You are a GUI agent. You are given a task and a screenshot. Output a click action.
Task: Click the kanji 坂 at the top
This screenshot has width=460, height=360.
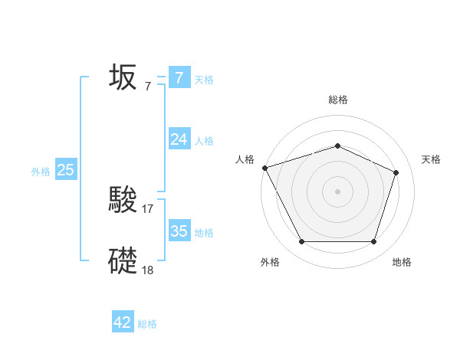tap(123, 77)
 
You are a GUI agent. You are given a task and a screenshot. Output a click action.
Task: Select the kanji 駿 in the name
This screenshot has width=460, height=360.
tap(123, 200)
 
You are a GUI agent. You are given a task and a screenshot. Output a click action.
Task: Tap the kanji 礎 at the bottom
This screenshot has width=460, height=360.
tap(123, 261)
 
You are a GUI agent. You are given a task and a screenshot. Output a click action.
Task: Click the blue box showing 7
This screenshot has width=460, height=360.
tap(179, 77)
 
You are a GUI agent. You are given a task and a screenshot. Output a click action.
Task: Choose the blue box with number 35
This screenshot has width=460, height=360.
tap(179, 231)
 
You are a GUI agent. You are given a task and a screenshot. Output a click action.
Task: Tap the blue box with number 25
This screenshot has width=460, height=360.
tap(65, 170)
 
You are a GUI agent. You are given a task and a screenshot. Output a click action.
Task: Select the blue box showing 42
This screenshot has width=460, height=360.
tap(123, 322)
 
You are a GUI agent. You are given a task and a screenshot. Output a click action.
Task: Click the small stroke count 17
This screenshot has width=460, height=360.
tap(149, 208)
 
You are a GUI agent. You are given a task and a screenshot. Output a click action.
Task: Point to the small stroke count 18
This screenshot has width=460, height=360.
tap(149, 270)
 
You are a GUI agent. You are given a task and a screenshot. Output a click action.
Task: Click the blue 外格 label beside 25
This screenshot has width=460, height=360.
tap(41, 172)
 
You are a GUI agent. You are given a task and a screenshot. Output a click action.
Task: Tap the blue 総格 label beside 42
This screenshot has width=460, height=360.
tap(147, 324)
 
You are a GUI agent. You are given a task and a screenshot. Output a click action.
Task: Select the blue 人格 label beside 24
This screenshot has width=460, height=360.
tap(204, 141)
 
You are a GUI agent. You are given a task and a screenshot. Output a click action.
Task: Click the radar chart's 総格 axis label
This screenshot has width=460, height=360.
tap(337, 100)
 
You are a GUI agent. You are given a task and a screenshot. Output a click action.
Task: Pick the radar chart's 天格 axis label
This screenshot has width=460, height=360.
tap(431, 159)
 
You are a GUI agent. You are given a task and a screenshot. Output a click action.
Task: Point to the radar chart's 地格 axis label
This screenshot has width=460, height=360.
tap(402, 262)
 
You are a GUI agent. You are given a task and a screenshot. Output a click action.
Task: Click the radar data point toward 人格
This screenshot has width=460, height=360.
tap(264, 168)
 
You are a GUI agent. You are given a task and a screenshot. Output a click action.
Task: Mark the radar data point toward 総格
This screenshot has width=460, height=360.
tap(337, 146)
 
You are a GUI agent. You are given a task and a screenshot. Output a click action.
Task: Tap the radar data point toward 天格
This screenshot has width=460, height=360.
tap(396, 172)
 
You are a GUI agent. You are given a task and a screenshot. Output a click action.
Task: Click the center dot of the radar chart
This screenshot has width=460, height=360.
tap(337, 191)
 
